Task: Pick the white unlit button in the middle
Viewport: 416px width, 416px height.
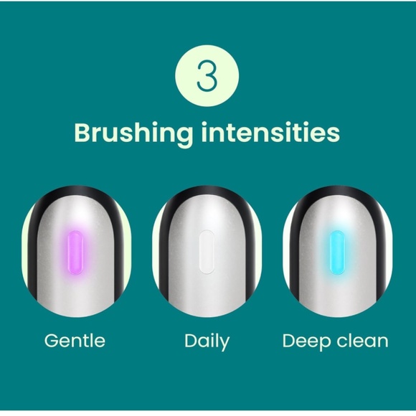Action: pos(206,253)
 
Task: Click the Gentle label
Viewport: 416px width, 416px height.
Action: pos(75,341)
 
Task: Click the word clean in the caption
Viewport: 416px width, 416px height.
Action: pos(363,341)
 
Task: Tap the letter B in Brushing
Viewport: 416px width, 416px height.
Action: pos(83,133)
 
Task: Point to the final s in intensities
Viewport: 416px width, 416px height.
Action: pos(334,134)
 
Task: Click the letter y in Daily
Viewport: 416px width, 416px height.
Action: pos(224,344)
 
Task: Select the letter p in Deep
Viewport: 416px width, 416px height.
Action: pos(323,344)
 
